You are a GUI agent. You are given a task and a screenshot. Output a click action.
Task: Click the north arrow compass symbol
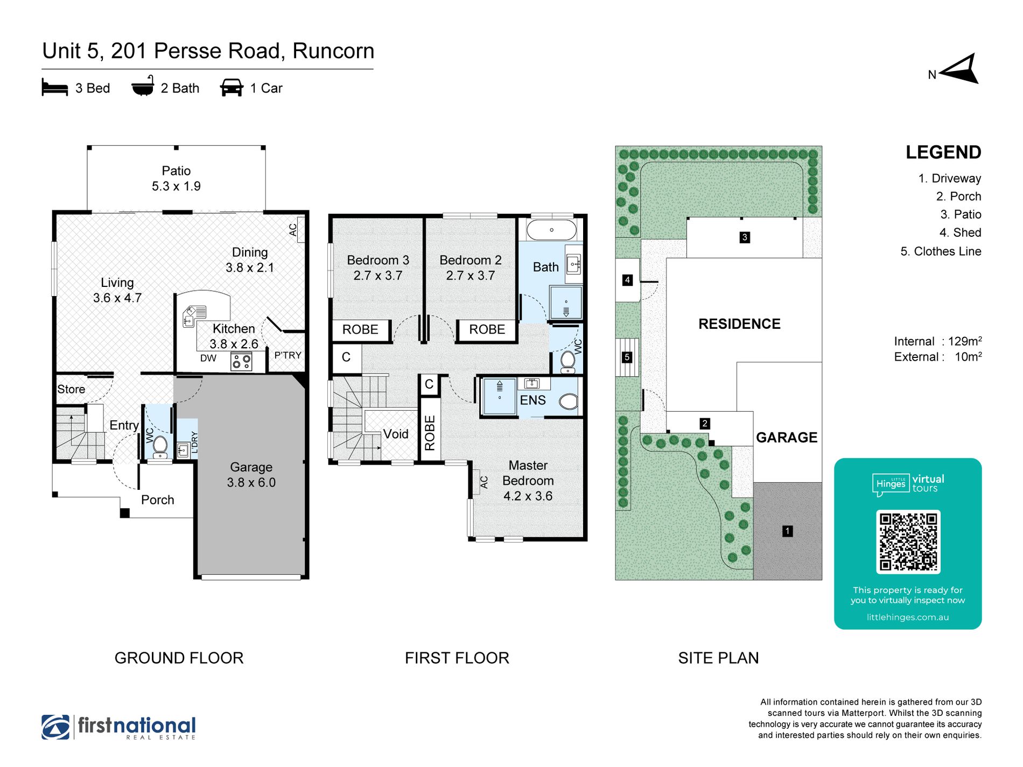click(961, 69)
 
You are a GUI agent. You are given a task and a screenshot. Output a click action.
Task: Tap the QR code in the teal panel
click(908, 541)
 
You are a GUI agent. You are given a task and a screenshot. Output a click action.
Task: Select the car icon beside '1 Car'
click(232, 88)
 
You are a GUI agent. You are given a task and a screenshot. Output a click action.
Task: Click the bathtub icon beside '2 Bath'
click(143, 86)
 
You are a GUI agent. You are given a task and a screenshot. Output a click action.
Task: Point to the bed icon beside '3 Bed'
click(55, 88)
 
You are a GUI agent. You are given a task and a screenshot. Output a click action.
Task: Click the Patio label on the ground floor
click(176, 171)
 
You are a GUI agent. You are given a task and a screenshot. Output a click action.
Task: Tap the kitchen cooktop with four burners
click(241, 361)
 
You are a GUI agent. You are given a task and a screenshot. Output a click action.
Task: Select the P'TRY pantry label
click(288, 355)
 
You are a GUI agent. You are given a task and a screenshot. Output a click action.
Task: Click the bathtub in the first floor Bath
click(551, 230)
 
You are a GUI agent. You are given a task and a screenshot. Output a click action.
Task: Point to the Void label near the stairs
click(396, 434)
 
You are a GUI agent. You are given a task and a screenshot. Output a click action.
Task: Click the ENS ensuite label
click(532, 400)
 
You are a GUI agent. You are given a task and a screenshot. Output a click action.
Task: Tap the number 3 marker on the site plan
click(745, 237)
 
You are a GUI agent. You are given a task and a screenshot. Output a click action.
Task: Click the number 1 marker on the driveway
click(787, 531)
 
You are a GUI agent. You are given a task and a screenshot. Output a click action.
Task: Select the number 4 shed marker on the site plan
click(627, 280)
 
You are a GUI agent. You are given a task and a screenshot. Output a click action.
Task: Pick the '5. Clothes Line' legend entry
click(941, 251)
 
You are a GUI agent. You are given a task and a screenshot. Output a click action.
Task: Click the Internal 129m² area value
click(965, 341)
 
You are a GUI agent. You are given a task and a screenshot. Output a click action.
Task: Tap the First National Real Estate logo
click(118, 727)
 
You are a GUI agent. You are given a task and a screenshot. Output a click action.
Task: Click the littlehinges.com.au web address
click(908, 617)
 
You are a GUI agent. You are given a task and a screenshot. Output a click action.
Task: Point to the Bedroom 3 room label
click(378, 260)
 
